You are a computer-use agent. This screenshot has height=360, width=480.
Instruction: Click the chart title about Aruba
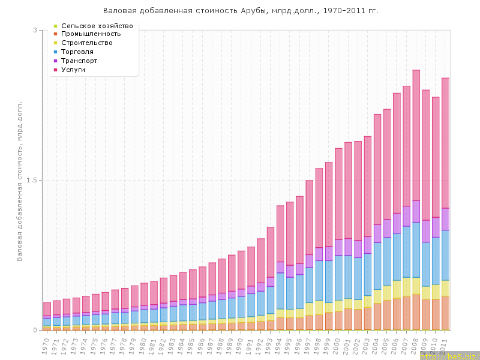[241, 11]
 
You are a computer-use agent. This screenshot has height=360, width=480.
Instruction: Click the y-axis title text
[19, 180]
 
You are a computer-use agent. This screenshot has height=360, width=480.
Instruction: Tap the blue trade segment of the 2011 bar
[445, 255]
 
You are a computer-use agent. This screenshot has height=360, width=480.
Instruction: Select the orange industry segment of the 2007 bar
[406, 312]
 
